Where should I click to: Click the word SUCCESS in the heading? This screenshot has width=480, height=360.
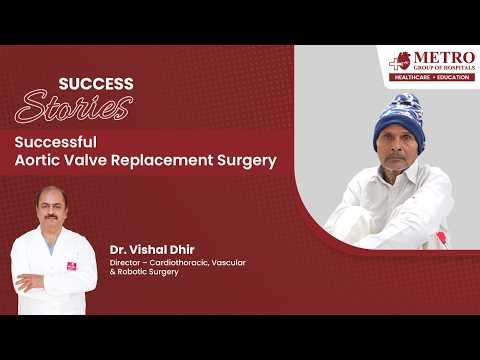[96, 84]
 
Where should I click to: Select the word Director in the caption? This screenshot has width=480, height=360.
[127, 262]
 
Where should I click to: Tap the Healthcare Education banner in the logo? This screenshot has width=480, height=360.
[432, 76]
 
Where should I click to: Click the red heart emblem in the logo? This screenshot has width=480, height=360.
[401, 60]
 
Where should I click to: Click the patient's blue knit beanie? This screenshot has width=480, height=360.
[399, 119]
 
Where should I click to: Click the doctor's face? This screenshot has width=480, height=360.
[51, 211]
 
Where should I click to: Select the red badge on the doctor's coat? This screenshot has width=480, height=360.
[72, 266]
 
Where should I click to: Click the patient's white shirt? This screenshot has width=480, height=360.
[395, 205]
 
